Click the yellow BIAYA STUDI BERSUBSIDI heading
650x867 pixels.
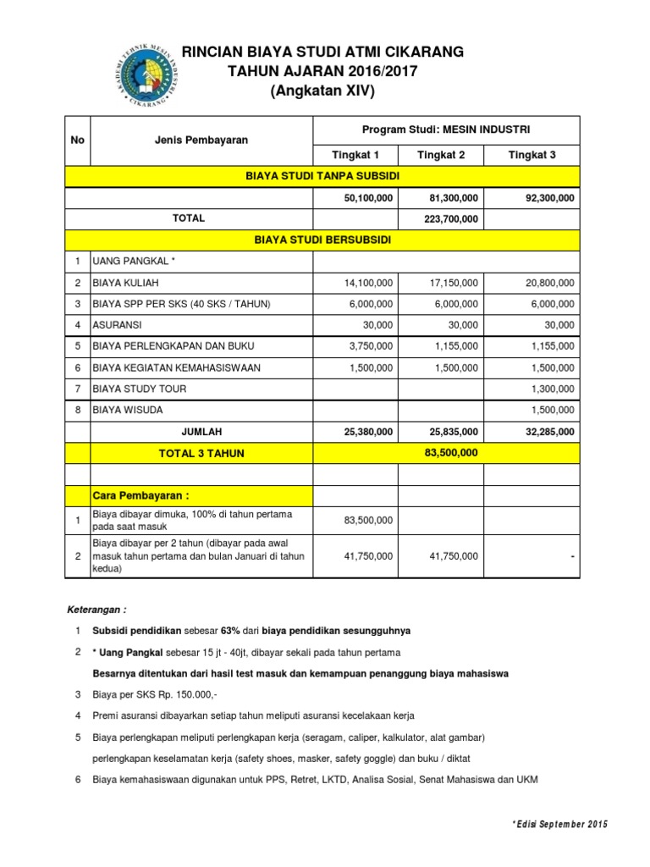(322, 240)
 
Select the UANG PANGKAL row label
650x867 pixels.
(133, 262)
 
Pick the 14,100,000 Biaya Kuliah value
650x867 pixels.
(364, 283)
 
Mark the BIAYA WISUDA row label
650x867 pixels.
(128, 410)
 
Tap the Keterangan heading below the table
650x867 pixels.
(96, 610)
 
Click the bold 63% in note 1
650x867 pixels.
(230, 632)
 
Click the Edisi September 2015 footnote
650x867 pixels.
(560, 825)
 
